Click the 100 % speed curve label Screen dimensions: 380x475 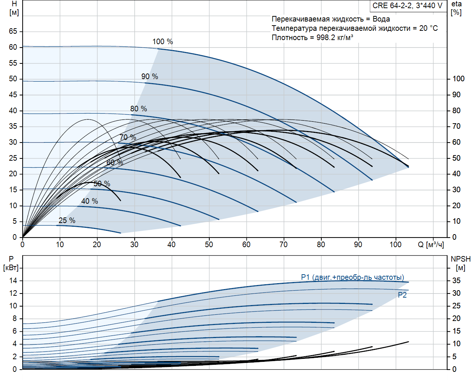[163, 42]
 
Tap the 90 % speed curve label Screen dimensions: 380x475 [150, 76]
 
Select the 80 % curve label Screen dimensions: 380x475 [138, 109]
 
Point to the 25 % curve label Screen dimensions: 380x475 [67, 220]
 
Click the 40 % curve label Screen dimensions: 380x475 [89, 201]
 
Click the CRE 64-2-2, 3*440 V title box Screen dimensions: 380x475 [407, 6]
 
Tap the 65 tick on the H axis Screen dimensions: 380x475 [13, 31]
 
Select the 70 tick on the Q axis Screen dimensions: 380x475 [284, 245]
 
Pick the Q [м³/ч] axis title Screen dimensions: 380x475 [431, 245]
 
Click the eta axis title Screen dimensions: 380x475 [456, 4]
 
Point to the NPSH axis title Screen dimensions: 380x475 [461, 259]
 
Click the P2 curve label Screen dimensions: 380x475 [402, 295]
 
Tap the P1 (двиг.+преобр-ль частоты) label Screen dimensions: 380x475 [352, 277]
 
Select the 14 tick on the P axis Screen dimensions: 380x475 [13, 281]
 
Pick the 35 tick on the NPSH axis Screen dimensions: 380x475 [456, 281]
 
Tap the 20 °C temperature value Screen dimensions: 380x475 [429, 28]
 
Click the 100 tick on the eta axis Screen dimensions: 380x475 [458, 79]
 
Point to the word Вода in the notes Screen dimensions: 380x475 [381, 19]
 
